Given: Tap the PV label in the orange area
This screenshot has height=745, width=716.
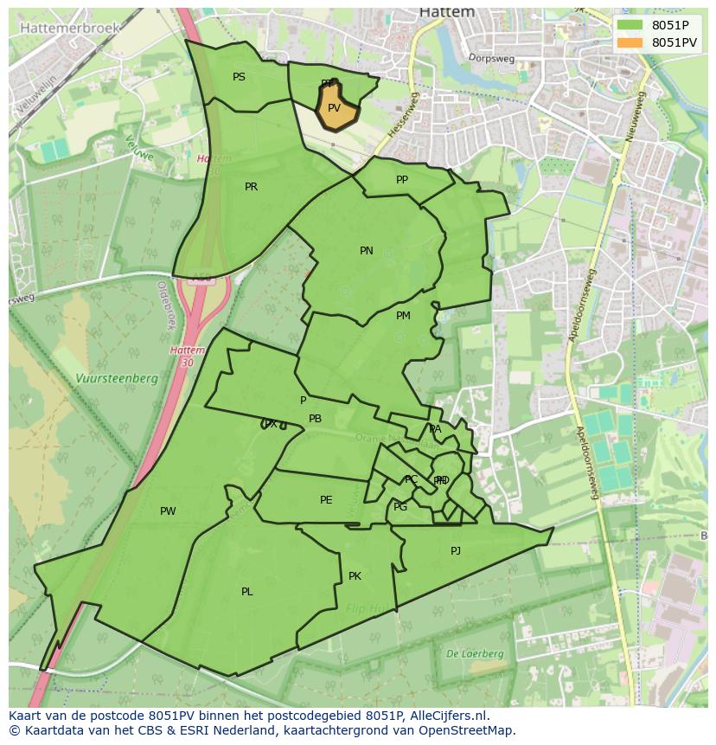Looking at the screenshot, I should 334,108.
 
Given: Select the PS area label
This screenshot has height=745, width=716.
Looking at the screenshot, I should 239,77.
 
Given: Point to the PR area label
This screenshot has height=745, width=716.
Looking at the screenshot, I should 251,187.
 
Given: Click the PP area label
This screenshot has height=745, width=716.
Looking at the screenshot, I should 402,180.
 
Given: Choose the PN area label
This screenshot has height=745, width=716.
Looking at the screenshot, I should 367,251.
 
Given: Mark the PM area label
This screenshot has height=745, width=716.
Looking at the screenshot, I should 403,316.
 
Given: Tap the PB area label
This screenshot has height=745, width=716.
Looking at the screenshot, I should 316,419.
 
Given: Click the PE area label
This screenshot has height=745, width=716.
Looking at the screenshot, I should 326,500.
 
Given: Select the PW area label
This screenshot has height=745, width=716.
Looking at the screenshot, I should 168,511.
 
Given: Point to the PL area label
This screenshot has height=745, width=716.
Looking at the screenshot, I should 247,592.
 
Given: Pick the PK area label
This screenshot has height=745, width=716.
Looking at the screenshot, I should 355,576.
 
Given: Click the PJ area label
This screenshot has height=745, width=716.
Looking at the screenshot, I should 456,551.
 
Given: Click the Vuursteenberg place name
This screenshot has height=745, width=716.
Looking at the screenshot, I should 116,379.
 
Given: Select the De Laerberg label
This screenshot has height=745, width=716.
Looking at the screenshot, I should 475,654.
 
